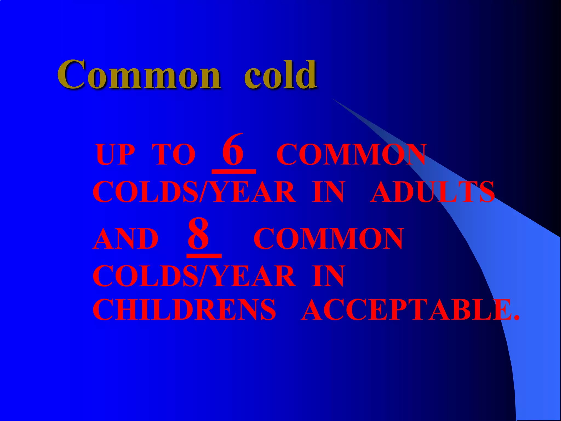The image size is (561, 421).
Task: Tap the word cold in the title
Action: point(280,75)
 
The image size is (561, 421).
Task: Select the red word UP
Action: point(115,155)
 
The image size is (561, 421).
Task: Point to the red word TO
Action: point(174,155)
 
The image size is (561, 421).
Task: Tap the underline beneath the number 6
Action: point(234,172)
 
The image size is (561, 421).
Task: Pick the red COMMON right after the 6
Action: point(351,155)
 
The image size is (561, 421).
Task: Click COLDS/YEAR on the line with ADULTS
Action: point(194,192)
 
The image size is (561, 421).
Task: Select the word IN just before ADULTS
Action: point(328,192)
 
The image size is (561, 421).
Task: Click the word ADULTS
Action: point(432,192)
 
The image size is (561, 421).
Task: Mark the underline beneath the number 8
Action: point(204,256)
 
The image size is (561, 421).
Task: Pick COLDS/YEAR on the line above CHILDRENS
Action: point(194,276)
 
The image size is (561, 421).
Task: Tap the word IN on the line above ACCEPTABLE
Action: point(328,276)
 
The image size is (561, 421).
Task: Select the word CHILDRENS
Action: point(184,310)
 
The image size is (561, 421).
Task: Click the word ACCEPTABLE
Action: point(405,310)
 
